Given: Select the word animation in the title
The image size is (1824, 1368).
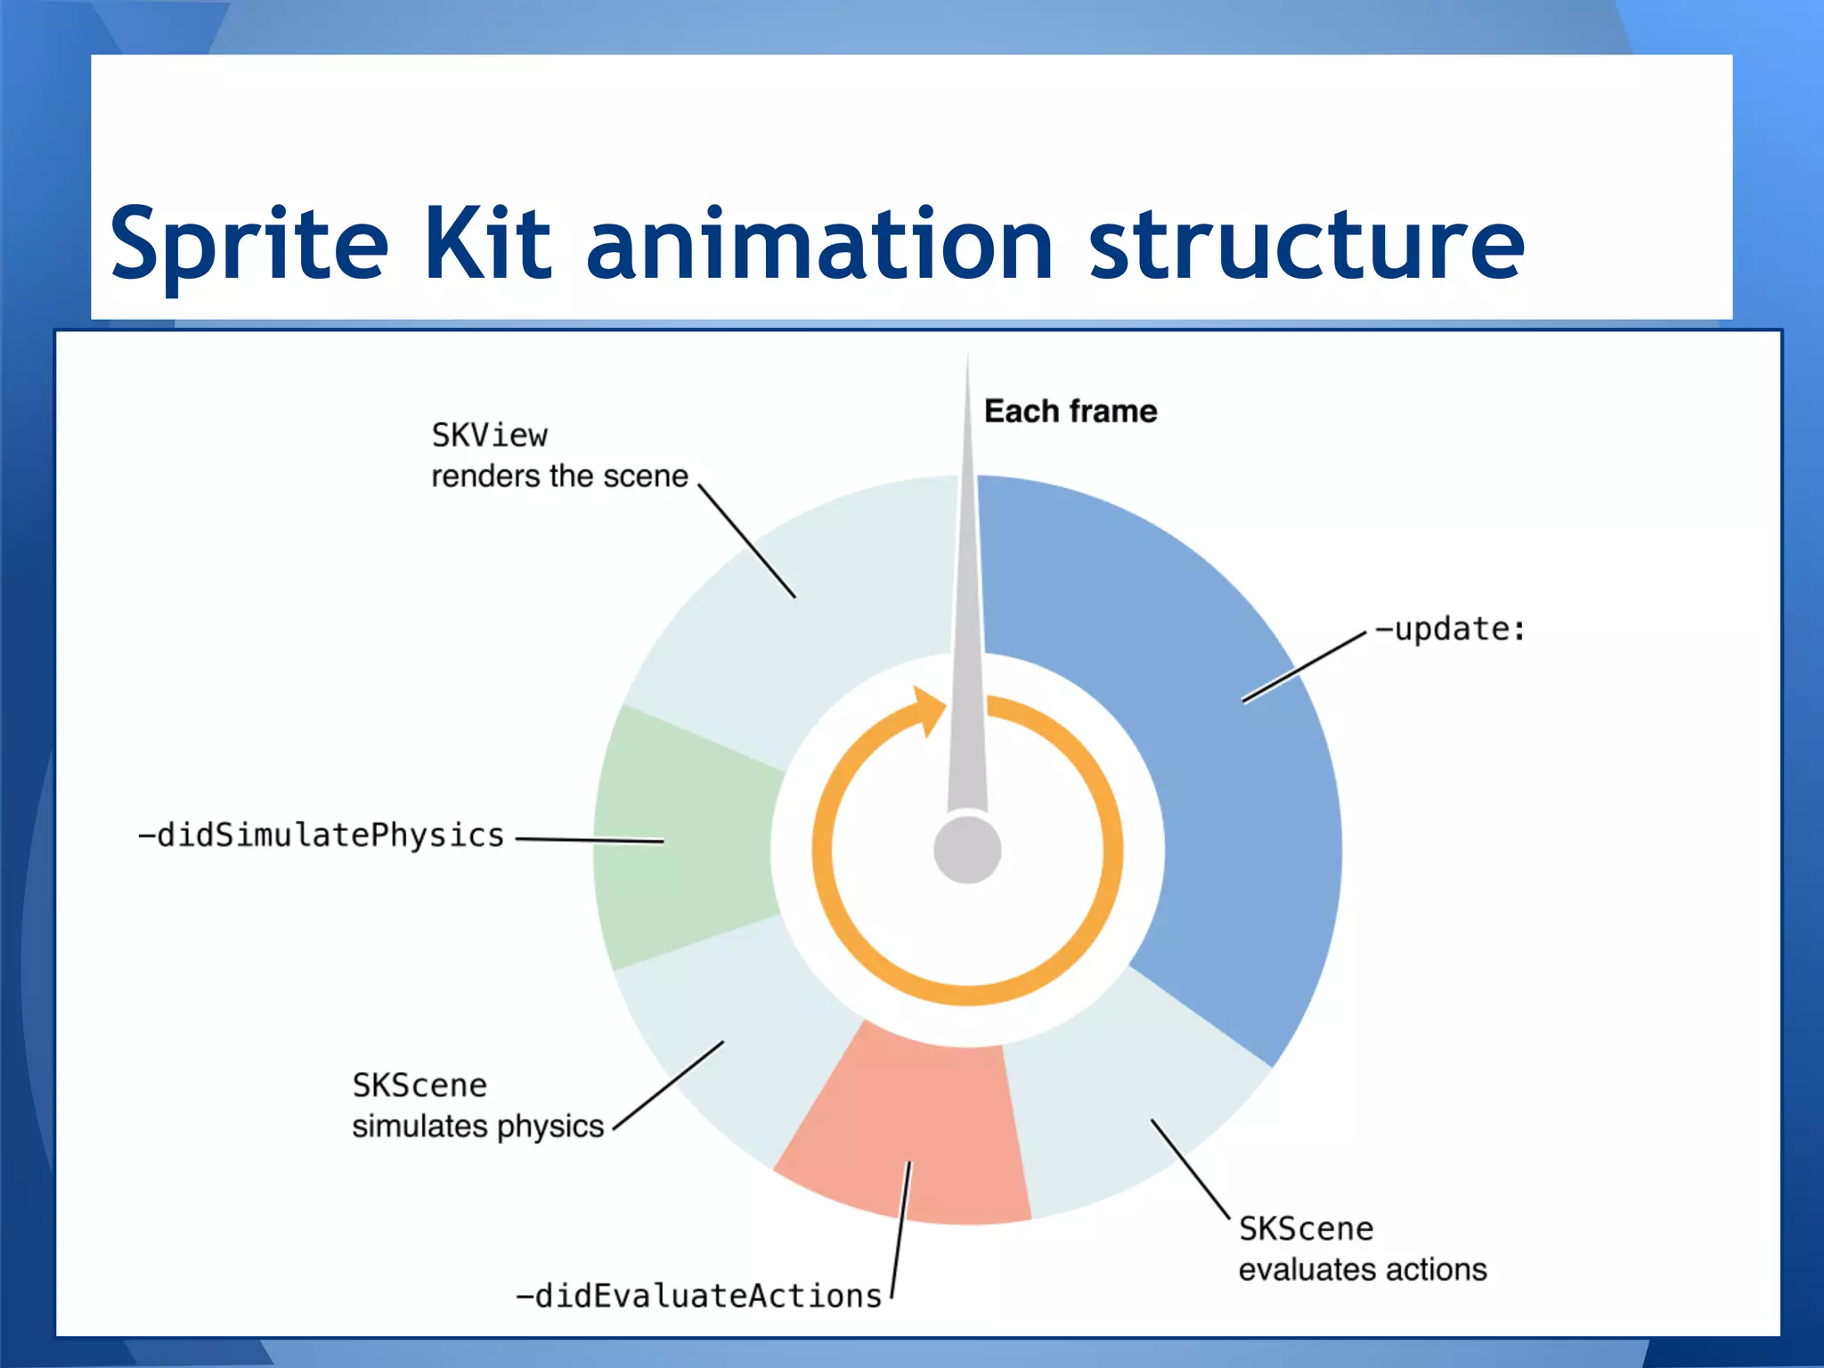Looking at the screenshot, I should (819, 242).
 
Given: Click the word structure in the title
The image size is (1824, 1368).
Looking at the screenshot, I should (1307, 242).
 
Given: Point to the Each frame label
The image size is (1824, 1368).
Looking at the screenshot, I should (1071, 411).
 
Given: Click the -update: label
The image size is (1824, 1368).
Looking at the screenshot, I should (1450, 630).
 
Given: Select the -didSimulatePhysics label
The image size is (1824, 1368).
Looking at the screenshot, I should (322, 835).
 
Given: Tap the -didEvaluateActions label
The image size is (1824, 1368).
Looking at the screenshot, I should (699, 1296).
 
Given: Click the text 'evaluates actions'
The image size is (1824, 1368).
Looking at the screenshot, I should (1363, 1269).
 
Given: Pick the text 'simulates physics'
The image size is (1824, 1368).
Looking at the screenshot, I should (478, 1126).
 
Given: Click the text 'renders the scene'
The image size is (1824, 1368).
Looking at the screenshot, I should (559, 476).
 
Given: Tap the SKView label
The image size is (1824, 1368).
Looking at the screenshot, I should (490, 436).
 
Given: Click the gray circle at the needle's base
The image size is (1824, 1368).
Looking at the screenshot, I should (967, 850).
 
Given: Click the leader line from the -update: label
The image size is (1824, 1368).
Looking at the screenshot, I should (1304, 667).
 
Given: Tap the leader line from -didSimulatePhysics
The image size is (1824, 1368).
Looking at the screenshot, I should (590, 840).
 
